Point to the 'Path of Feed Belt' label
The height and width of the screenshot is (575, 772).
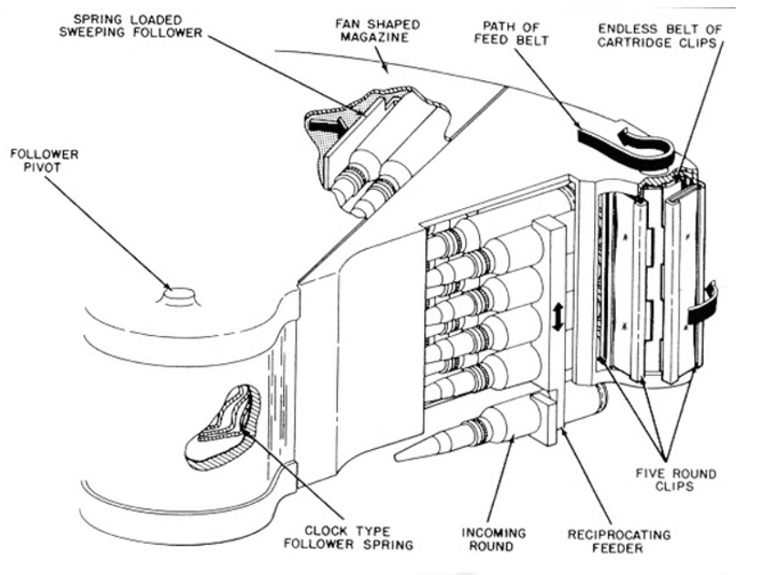(534, 36)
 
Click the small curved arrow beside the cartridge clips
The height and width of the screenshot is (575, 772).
(708, 306)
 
